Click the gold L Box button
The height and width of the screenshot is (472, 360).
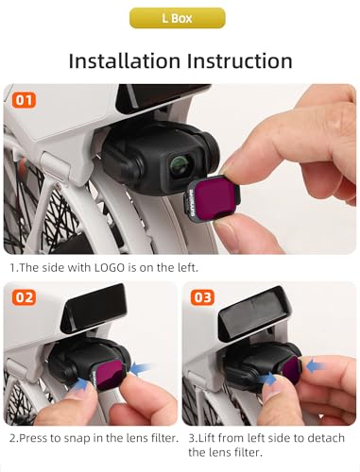[178, 18]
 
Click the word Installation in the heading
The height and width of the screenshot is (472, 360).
[124, 60]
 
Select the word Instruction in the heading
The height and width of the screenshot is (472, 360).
[240, 60]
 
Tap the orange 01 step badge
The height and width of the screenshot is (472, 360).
[24, 100]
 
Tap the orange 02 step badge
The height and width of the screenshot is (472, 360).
[24, 297]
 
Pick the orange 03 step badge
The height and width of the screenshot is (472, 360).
[202, 297]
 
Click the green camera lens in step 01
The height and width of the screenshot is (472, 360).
[180, 164]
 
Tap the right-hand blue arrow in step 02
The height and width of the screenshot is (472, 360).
[141, 368]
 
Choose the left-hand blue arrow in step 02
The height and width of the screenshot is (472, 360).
[81, 384]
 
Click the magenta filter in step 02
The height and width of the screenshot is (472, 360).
[110, 375]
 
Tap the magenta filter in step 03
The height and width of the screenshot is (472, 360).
[291, 370]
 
